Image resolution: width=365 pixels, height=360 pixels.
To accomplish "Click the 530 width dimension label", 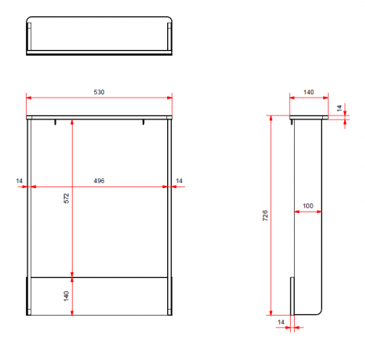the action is [x=99, y=92].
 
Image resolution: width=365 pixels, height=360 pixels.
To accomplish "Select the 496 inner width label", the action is [x=99, y=181].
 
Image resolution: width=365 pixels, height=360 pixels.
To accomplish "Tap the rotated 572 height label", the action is [x=66, y=199].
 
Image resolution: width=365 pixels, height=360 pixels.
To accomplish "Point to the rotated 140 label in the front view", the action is [x=66, y=296].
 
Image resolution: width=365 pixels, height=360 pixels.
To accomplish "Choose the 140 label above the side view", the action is [x=308, y=92].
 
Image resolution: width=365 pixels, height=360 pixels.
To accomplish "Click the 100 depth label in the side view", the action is [x=308, y=206].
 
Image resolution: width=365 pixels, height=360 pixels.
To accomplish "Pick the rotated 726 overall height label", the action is [x=265, y=216].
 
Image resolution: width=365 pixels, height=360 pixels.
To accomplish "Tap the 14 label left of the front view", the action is [x=19, y=181].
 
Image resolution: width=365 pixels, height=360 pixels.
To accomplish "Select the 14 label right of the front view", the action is [x=179, y=181].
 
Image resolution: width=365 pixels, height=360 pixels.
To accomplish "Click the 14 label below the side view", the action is [x=281, y=322].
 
